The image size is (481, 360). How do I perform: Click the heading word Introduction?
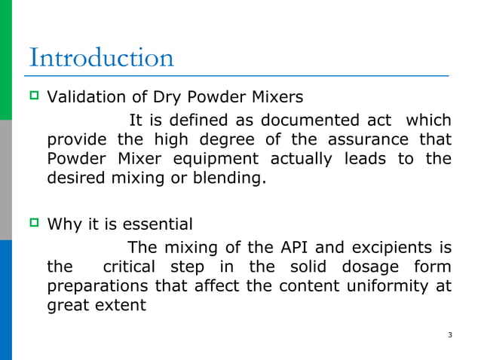click(101, 58)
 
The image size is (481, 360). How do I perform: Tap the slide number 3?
click(449, 334)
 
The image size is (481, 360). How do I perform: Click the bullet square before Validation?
click(34, 97)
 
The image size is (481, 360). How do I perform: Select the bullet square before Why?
click(34, 224)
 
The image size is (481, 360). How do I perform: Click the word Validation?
click(81, 97)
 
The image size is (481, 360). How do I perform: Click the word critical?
click(129, 267)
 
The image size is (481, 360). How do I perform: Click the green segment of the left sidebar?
click(6, 60)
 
